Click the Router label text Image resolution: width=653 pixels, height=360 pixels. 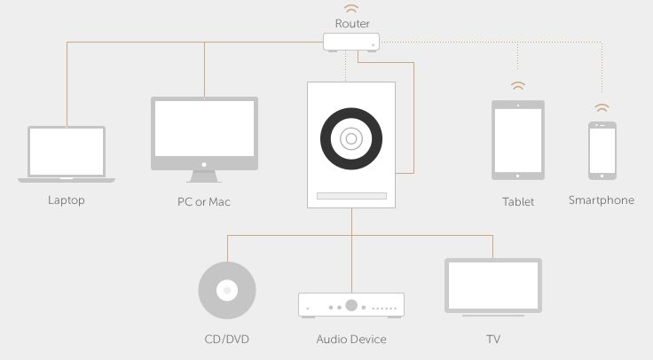[x=352, y=23]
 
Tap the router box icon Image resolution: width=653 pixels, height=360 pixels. [x=351, y=42]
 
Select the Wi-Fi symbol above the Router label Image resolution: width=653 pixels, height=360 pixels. [x=351, y=8]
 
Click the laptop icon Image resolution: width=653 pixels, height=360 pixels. [x=67, y=154]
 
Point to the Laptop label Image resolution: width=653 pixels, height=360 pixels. [x=67, y=200]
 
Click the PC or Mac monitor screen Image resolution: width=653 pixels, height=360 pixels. [x=204, y=129]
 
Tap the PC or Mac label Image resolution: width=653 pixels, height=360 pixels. [x=204, y=202]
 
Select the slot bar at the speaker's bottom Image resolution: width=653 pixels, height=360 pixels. [x=351, y=196]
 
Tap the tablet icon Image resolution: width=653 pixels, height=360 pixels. [x=518, y=140]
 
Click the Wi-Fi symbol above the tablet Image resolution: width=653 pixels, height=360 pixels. [x=518, y=86]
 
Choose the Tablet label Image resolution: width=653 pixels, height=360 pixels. [x=518, y=202]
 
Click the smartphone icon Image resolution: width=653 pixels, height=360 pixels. [x=602, y=151]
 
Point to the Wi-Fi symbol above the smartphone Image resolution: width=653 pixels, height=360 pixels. [x=602, y=107]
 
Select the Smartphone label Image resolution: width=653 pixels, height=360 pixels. [x=602, y=200]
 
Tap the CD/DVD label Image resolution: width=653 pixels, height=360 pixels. [x=227, y=340]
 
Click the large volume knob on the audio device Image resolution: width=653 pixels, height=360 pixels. [x=351, y=306]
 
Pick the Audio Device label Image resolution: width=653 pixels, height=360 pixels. [x=351, y=340]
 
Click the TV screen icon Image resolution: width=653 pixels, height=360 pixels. [x=493, y=286]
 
